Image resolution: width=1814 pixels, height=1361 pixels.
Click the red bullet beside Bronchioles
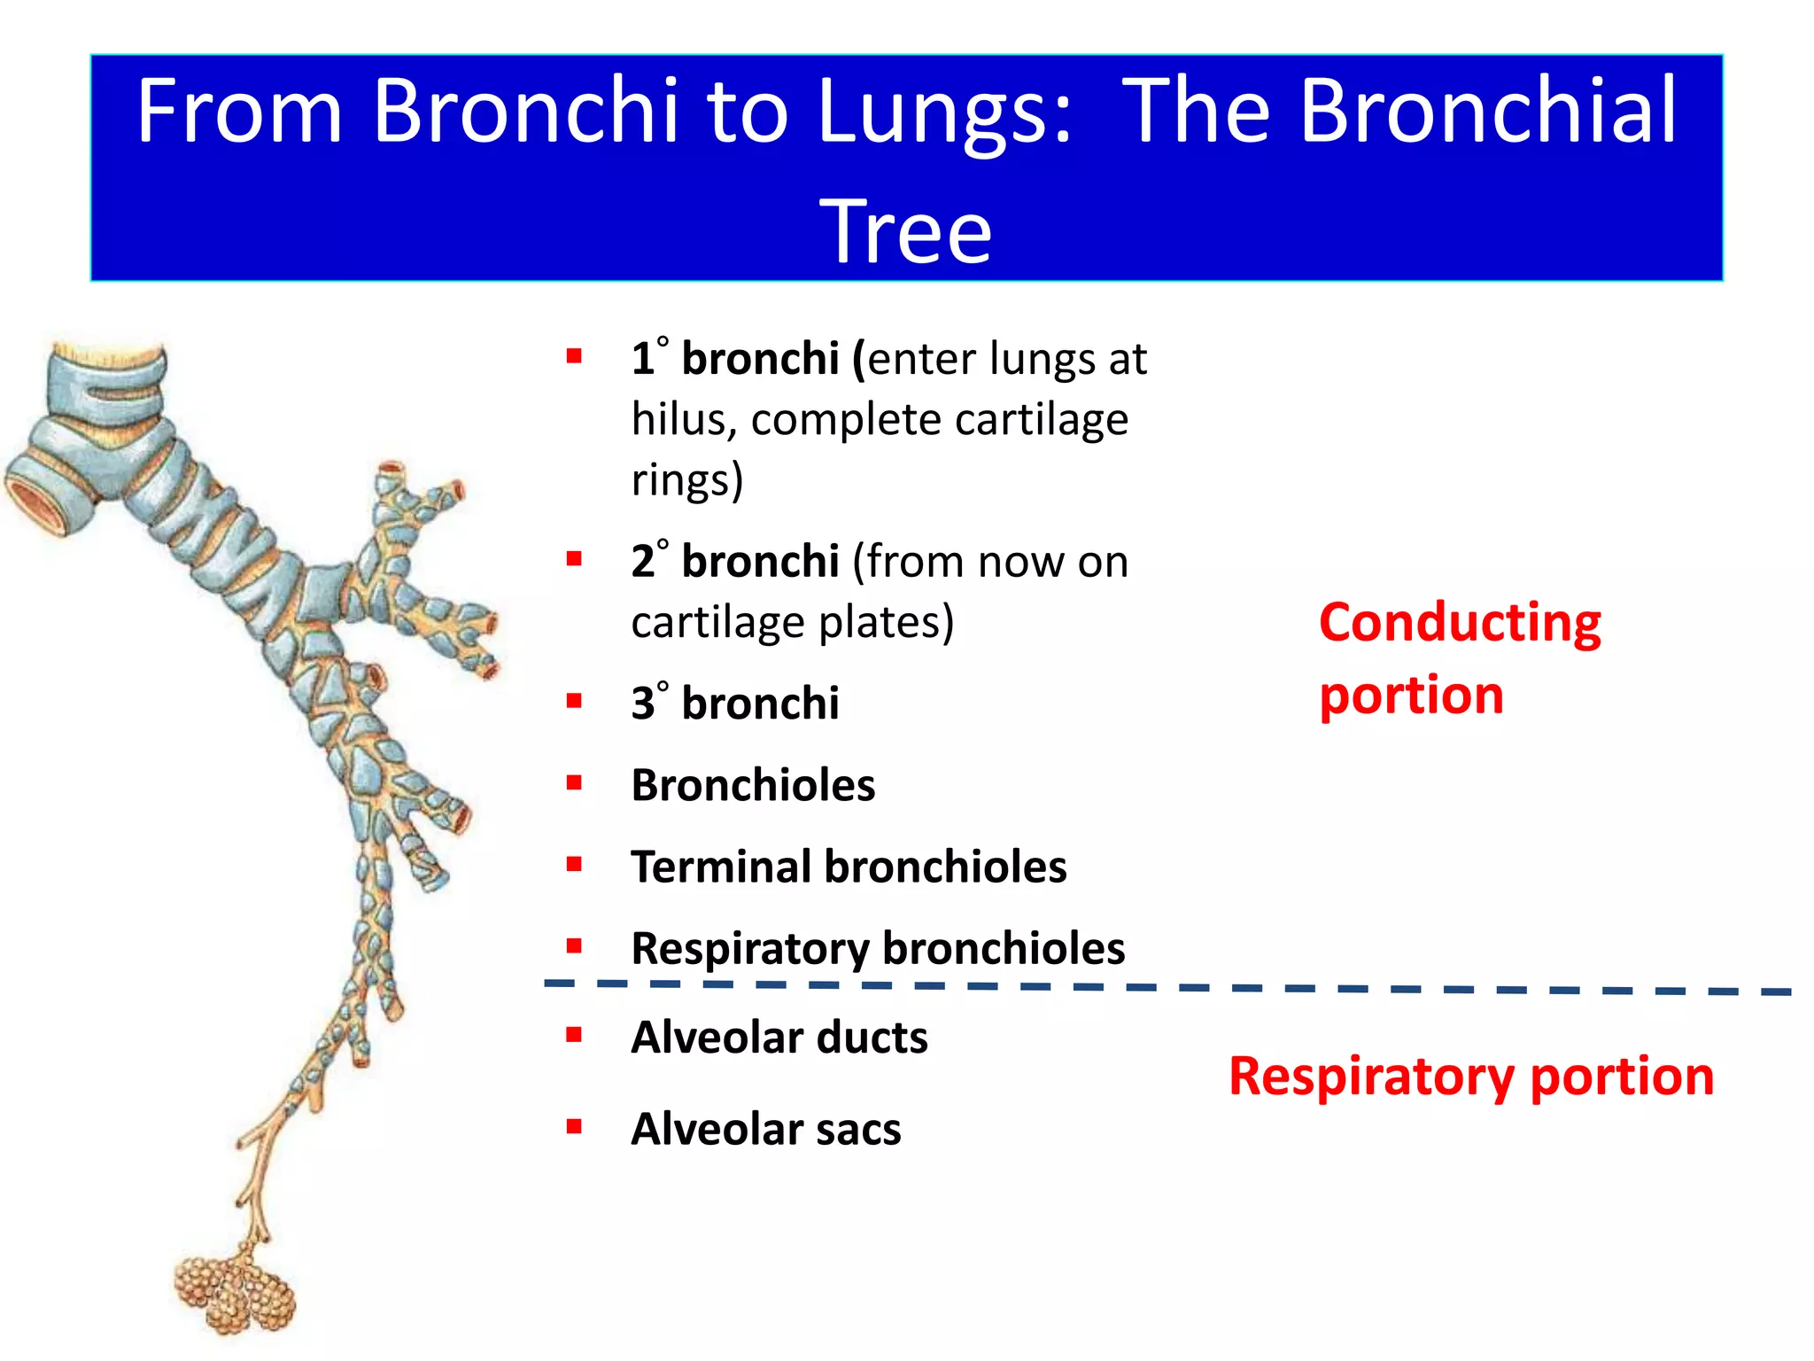574,783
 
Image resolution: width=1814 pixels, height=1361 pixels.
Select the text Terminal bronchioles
849,867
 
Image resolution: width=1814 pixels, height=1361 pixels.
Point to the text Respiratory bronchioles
878,948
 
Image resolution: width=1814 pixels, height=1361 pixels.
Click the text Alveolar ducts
779,1037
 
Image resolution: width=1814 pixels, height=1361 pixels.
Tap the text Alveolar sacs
766,1129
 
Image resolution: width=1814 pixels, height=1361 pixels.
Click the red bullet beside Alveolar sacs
574,1127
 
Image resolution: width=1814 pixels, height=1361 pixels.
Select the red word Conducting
1460,622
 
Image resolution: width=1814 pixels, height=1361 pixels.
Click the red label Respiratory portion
1471,1077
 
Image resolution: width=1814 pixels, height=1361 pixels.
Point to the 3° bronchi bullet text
735,704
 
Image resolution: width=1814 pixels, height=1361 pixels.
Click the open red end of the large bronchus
35,502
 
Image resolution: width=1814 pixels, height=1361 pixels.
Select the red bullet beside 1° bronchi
574,357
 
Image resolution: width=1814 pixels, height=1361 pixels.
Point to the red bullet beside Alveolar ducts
574,1035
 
